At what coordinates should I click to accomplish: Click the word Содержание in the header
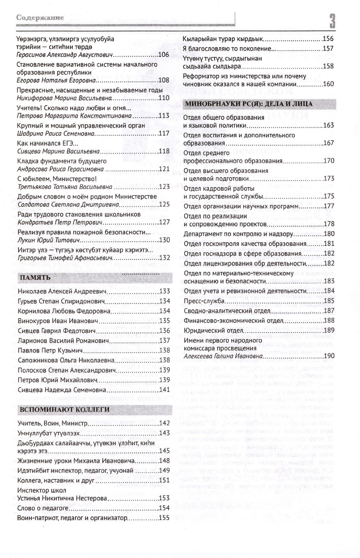click(40, 18)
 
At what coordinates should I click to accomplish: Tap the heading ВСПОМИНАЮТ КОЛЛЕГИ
click(65, 409)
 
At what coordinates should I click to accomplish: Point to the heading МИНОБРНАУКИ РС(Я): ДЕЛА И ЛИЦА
click(249, 104)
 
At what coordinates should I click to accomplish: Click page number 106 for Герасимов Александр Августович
click(163, 55)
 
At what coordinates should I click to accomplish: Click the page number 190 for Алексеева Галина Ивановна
click(329, 356)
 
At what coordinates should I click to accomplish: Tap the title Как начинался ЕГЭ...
click(47, 143)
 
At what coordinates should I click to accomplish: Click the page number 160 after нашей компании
click(329, 84)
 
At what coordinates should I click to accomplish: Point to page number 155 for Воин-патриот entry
click(164, 518)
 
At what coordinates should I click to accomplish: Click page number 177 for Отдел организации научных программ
click(329, 206)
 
